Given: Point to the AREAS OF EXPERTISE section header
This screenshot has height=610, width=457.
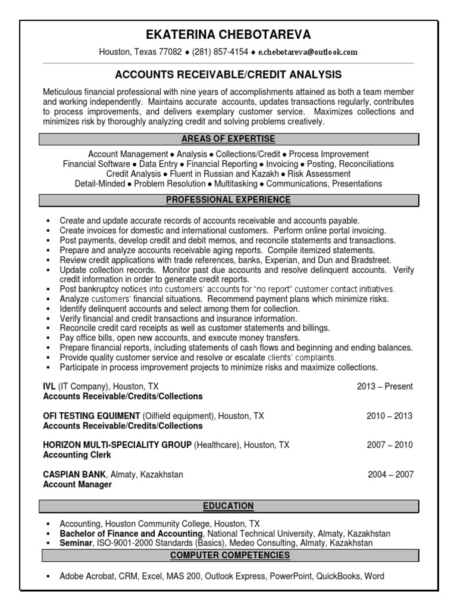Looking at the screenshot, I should click(x=228, y=139).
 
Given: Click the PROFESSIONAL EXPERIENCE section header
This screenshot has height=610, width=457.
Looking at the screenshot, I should click(x=228, y=200).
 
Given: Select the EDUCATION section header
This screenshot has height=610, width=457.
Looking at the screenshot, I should click(x=228, y=506).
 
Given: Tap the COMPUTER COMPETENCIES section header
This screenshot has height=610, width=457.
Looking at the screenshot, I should click(x=228, y=555).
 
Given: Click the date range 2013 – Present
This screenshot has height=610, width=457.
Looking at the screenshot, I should click(x=384, y=386).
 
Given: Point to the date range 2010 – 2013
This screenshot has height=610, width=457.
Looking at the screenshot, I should click(x=389, y=416).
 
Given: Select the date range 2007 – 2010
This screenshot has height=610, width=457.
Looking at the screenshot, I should click(x=389, y=445).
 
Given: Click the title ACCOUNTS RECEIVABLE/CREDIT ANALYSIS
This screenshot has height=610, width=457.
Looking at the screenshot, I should click(x=228, y=74).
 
